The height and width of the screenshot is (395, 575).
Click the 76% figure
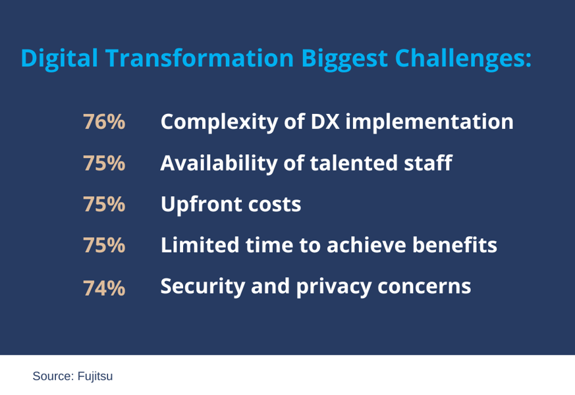pos(104,122)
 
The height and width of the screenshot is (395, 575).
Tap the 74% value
pos(104,288)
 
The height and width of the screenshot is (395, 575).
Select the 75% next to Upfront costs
pos(104,205)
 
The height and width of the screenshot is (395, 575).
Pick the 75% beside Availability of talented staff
pos(104,164)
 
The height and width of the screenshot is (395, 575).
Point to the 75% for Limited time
pos(104,246)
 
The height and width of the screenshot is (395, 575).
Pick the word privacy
pos(329,287)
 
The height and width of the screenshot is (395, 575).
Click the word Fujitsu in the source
pos(95,377)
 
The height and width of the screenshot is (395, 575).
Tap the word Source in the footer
pos(52,377)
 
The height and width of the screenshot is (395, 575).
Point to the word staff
pos(427,163)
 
